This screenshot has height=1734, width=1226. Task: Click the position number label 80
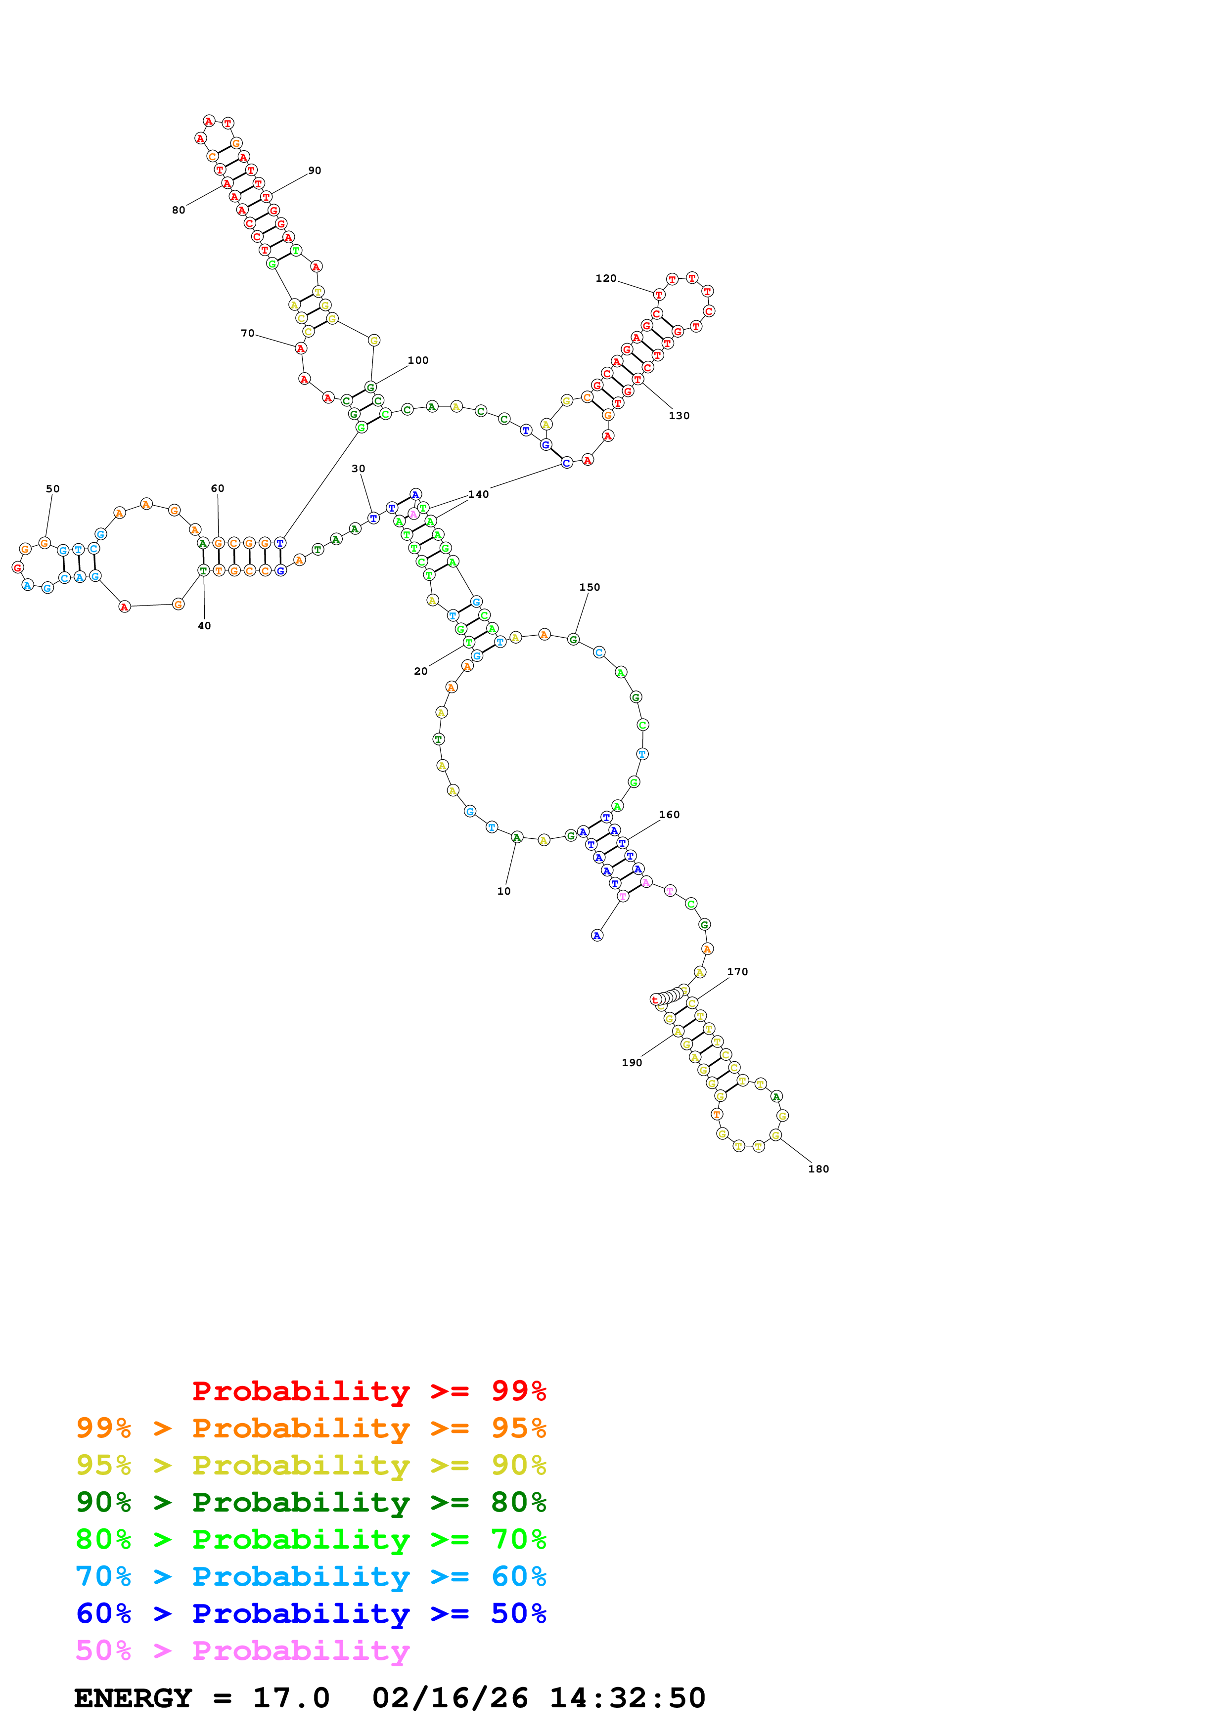(x=178, y=210)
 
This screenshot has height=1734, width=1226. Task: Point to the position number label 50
(x=53, y=489)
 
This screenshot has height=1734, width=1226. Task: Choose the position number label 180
(x=819, y=1169)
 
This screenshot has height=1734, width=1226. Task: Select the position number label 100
(x=418, y=360)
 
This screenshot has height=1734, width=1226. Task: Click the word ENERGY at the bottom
(x=133, y=1698)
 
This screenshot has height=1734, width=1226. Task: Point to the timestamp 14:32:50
(x=627, y=1698)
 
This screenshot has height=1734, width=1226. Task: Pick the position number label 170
(x=737, y=971)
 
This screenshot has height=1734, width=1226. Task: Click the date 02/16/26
(x=450, y=1698)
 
